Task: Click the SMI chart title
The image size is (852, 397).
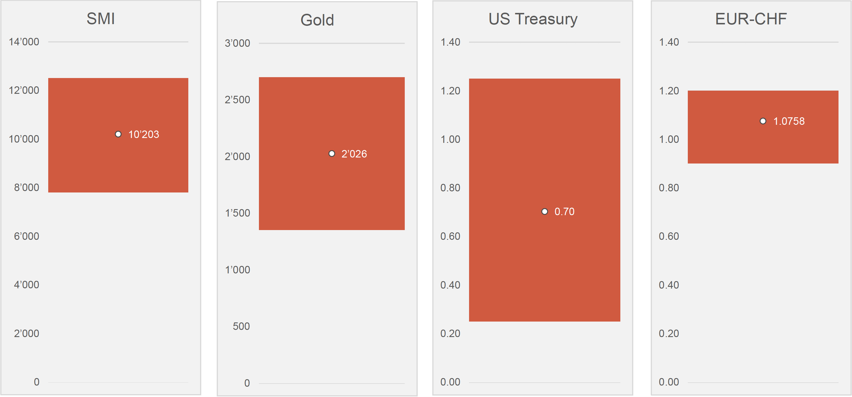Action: (x=100, y=19)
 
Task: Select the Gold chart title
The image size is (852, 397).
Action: (x=317, y=20)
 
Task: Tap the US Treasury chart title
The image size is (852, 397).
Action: (x=533, y=19)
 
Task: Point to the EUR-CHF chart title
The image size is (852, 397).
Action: (x=751, y=19)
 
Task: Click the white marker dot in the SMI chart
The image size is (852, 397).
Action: (x=118, y=134)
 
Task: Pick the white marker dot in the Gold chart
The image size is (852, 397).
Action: (x=332, y=153)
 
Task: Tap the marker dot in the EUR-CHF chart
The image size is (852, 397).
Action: (x=763, y=121)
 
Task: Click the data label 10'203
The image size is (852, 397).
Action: (x=144, y=135)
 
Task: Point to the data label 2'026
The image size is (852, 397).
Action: (x=354, y=154)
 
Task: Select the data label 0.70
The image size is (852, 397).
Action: (x=564, y=212)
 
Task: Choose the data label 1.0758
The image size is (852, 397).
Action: (x=789, y=121)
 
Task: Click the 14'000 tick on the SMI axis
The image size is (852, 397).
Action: (x=24, y=42)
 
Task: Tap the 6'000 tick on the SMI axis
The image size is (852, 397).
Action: (x=26, y=236)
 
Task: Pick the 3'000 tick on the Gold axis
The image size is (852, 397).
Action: (x=237, y=43)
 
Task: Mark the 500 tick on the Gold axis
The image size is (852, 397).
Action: (x=241, y=326)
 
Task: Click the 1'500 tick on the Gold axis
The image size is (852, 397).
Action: (x=237, y=213)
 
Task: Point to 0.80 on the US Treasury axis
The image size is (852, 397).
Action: (x=450, y=188)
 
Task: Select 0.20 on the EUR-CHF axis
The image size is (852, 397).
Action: (x=669, y=333)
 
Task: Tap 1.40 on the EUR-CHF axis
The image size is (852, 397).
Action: (x=669, y=42)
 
